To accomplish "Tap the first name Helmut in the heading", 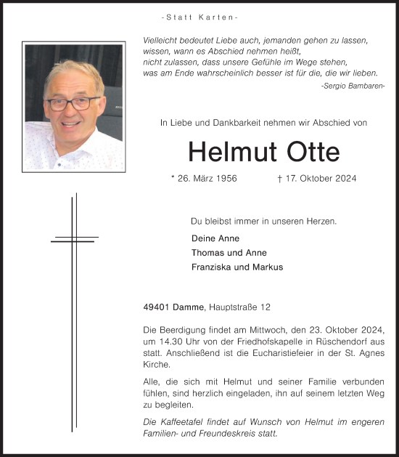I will [x=227, y=152].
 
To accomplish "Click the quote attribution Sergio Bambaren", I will [x=353, y=86].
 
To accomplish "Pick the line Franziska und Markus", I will [x=237, y=267].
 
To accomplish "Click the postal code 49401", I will [x=158, y=308].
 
